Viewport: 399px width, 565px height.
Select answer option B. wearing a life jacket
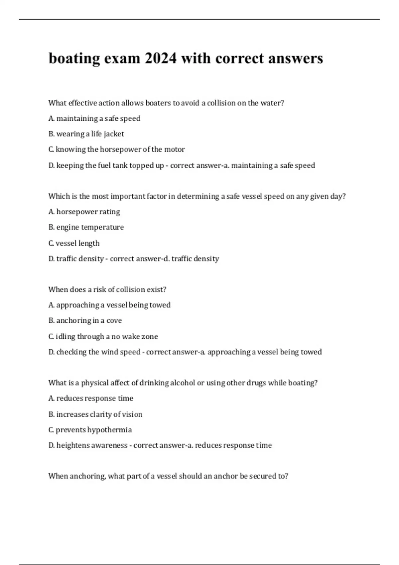(x=86, y=134)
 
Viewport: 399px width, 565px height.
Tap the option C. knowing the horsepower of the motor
(x=116, y=150)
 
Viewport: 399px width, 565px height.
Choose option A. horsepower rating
(x=84, y=212)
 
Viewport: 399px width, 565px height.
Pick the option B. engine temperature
(x=86, y=227)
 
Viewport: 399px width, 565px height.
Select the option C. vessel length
(x=74, y=243)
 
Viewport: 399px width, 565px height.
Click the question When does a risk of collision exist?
(x=107, y=289)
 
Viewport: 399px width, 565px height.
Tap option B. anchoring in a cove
(x=85, y=320)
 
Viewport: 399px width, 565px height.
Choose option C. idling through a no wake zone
(x=103, y=336)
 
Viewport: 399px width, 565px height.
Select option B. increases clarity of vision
(x=95, y=414)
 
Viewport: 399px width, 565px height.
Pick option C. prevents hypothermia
(x=90, y=430)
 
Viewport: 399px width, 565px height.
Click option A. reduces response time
(x=91, y=398)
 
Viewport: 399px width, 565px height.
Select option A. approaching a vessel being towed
(x=109, y=305)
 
